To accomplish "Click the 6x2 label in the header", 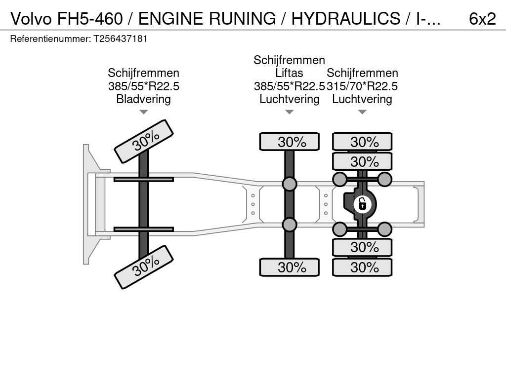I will tap(482, 19).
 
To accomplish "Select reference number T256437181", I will tap(121, 38).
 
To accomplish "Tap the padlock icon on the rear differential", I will tap(362, 203).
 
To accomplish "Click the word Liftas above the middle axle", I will tap(289, 73).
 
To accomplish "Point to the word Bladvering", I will tap(143, 99).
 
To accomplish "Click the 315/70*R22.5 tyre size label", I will tap(362, 86).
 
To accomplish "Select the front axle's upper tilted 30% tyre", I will tap(144, 141).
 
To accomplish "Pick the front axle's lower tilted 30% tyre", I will tap(144, 267).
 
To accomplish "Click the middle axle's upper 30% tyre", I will tap(290, 142).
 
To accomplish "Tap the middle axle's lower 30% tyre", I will tap(290, 267).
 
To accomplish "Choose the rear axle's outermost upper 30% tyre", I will tap(362, 142).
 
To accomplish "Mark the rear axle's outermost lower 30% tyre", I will tap(362, 267).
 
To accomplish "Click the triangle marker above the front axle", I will tap(143, 112).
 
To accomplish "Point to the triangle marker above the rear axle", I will tap(362, 112).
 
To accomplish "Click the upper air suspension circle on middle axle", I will tap(290, 184).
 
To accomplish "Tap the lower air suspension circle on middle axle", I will tap(290, 225).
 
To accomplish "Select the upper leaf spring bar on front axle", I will tap(143, 179).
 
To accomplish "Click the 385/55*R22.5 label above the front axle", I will tap(143, 86).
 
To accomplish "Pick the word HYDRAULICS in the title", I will tap(345, 19).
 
